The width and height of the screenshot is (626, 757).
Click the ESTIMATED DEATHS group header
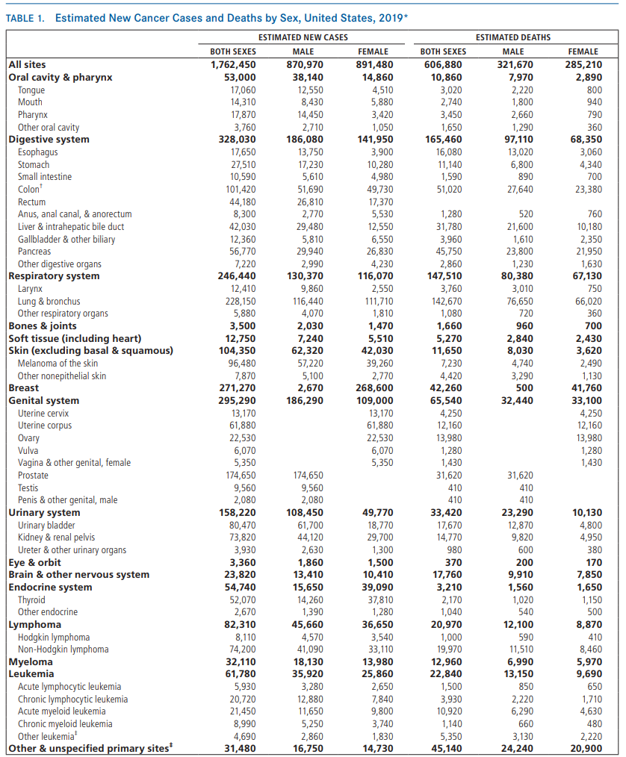coord(512,37)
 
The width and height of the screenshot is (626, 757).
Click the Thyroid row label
coord(31,599)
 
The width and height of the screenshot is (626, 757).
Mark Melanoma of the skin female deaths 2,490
coord(586,364)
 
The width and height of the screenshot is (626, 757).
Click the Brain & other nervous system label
coord(78,575)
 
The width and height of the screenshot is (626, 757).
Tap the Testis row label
coord(28,487)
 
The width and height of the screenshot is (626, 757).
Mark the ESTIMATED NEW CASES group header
coord(303,37)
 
